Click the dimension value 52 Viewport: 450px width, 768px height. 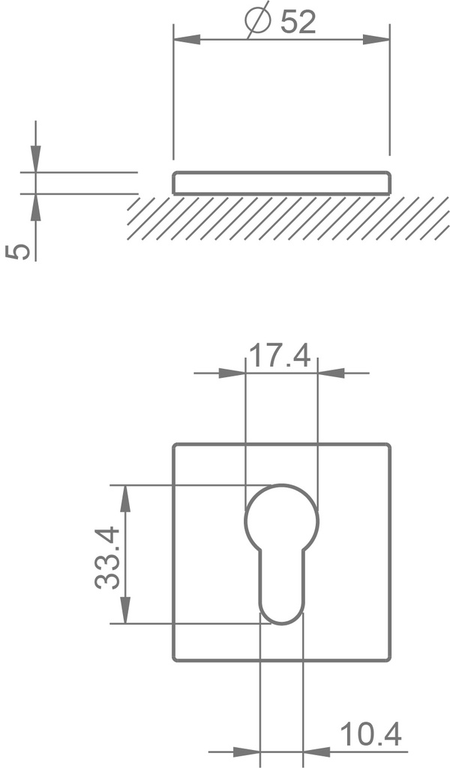[x=298, y=22]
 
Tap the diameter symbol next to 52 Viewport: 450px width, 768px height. [x=258, y=19]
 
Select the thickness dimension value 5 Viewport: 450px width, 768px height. [x=18, y=252]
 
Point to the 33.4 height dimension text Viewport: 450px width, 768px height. [x=107, y=557]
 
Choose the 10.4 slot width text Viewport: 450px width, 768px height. [x=370, y=734]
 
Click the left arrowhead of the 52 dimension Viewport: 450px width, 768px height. [x=187, y=40]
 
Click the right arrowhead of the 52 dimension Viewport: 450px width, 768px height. [x=376, y=40]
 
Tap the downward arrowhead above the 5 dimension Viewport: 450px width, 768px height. [x=36, y=159]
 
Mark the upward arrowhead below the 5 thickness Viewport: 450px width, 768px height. [x=36, y=207]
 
